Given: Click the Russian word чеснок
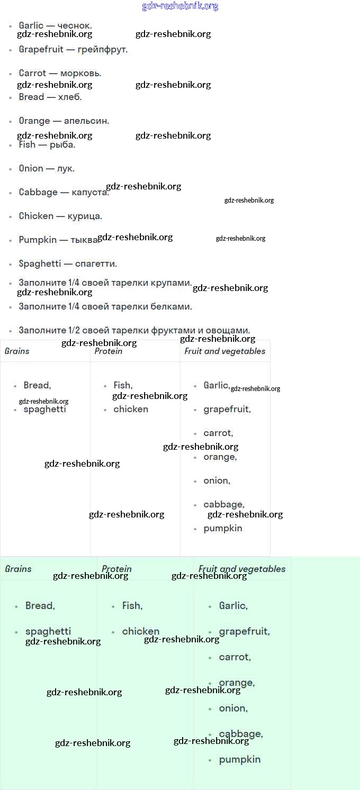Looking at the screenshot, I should pyautogui.click(x=74, y=25).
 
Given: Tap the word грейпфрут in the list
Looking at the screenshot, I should pyautogui.click(x=103, y=49).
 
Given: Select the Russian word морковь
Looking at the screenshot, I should pyautogui.click(x=80, y=73).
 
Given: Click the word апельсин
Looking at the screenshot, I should pyautogui.click(x=86, y=121).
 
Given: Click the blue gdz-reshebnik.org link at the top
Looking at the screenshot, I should pyautogui.click(x=180, y=6).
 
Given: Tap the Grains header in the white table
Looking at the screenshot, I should pyautogui.click(x=17, y=351).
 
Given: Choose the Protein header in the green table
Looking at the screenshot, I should pyautogui.click(x=116, y=569).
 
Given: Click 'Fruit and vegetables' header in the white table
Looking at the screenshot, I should pyautogui.click(x=225, y=351).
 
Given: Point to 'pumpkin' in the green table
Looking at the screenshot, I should pyautogui.click(x=240, y=760).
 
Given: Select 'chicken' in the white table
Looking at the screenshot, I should pyautogui.click(x=131, y=409).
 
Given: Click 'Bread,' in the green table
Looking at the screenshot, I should pyautogui.click(x=40, y=606).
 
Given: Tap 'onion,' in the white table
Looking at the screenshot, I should pyautogui.click(x=217, y=481).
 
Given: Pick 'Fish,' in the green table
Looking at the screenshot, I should pyautogui.click(x=132, y=606).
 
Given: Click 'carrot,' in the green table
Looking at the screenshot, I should pyautogui.click(x=235, y=657).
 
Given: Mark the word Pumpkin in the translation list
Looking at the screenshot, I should pyautogui.click(x=38, y=240).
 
